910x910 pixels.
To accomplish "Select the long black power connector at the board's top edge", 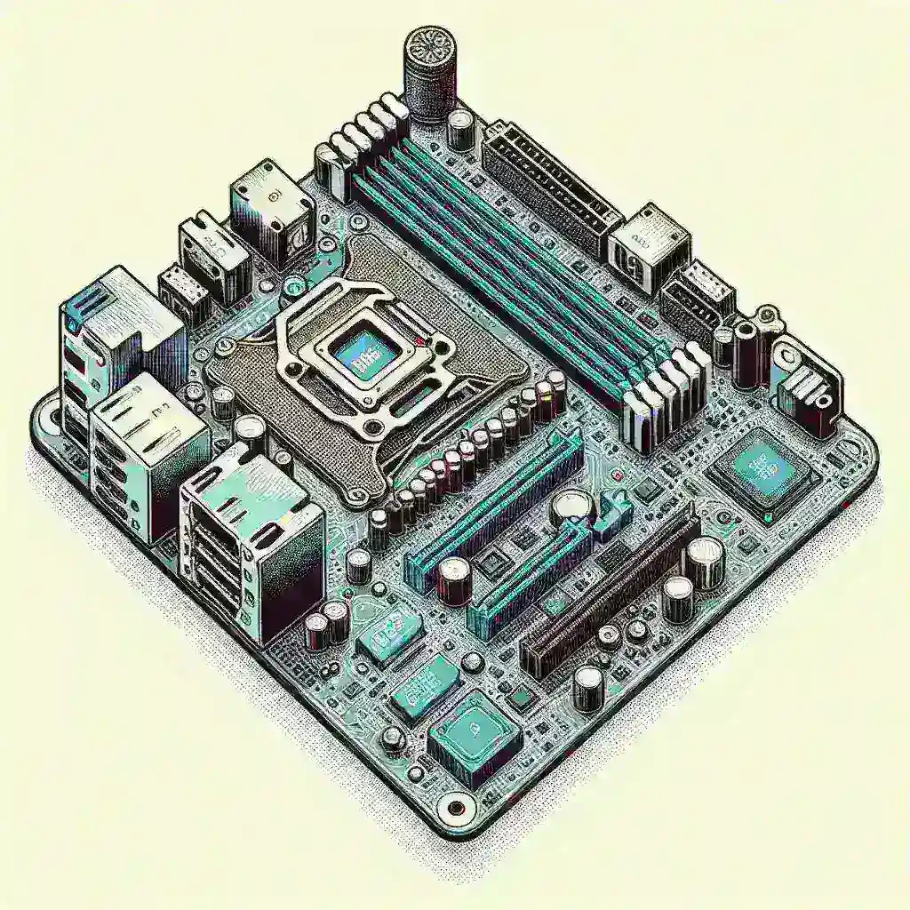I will (550, 183).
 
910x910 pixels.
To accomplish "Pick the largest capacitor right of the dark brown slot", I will (706, 561).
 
